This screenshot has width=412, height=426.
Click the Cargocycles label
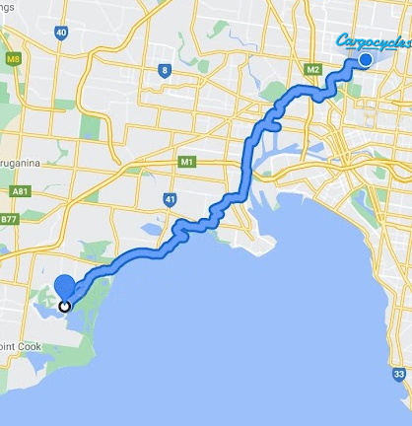coord(373,41)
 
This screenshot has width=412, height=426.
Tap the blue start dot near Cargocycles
coord(366,61)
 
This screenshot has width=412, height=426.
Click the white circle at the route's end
coord(65,306)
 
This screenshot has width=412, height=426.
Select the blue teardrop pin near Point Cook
coord(65,287)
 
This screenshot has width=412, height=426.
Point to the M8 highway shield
coord(12,60)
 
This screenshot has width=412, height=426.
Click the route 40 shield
coord(61,33)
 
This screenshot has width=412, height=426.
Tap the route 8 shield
coord(165,69)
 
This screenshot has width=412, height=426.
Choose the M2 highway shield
coord(314,70)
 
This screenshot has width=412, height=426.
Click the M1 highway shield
coord(186,161)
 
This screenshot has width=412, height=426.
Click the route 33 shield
coord(398,375)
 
